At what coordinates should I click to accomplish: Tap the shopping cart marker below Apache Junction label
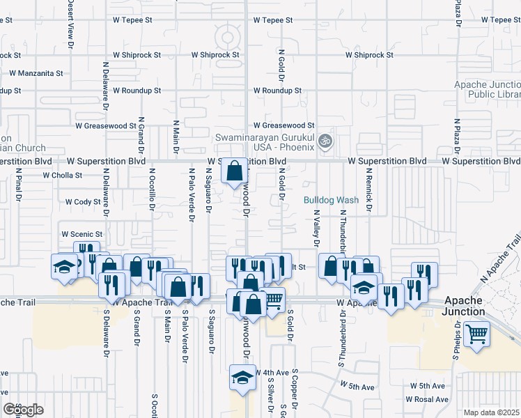(x=477, y=334)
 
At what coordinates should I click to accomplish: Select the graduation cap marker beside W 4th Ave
(x=242, y=378)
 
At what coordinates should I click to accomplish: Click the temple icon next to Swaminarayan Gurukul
(x=323, y=142)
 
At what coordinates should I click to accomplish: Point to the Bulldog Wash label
(x=331, y=200)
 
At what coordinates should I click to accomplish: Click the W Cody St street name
(x=84, y=202)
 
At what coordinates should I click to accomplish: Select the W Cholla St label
(x=63, y=176)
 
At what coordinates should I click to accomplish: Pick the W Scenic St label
(x=82, y=234)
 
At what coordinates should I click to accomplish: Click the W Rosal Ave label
(x=428, y=399)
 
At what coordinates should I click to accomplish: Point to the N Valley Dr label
(x=316, y=229)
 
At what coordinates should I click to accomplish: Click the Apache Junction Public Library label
(x=487, y=89)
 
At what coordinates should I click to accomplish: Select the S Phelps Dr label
(x=457, y=339)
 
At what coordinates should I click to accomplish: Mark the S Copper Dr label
(x=295, y=390)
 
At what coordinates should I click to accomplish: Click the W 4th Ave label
(x=272, y=373)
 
